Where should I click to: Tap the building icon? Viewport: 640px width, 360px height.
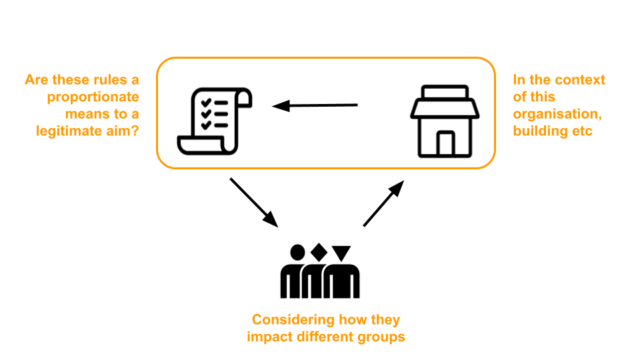click(445, 121)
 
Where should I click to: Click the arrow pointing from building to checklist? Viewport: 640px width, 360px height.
click(315, 105)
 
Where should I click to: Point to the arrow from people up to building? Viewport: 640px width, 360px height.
click(384, 203)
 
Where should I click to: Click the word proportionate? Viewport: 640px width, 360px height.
click(93, 97)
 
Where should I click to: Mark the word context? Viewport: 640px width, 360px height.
click(580, 80)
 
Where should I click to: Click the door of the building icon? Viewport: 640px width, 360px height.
click(445, 143)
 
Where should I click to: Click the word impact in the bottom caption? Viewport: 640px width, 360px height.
click(267, 337)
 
